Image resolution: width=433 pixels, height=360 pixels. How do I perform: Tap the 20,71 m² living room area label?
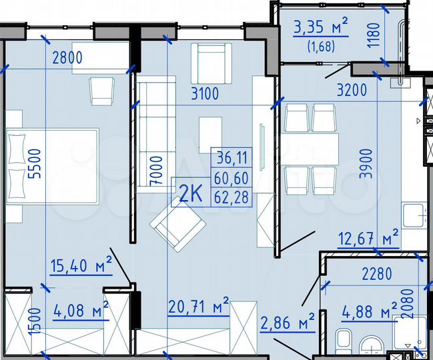198,308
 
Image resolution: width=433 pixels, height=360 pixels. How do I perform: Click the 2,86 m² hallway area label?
288,324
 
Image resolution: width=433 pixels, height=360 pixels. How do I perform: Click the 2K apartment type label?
191,195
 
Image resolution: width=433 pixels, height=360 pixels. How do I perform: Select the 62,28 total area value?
232,197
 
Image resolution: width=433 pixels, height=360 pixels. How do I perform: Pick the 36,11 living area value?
232,158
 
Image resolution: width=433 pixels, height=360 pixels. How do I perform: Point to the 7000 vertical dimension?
155,170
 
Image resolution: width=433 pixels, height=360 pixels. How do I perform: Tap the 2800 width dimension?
67,58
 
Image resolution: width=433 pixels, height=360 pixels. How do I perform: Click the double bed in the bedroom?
53,167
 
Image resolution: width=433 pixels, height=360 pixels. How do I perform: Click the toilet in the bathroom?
345,340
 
